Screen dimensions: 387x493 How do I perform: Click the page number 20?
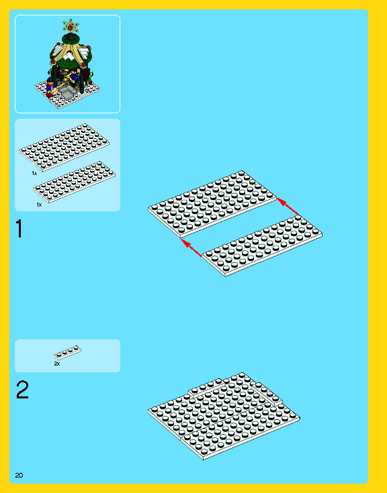click(x=19, y=475)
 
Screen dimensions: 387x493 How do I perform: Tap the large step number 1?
click(x=19, y=229)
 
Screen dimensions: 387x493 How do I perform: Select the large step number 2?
click(x=22, y=390)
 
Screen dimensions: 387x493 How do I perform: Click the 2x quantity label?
click(x=57, y=364)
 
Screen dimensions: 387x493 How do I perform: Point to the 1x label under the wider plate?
click(x=34, y=173)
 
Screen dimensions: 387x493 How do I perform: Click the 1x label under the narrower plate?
click(x=39, y=205)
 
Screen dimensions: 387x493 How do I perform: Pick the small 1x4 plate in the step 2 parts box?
click(x=67, y=352)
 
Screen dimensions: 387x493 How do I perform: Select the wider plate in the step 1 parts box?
click(x=64, y=147)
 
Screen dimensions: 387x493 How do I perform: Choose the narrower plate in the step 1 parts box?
click(x=75, y=182)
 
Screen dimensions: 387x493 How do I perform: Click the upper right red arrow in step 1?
click(x=287, y=206)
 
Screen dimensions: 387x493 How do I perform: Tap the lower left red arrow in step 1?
click(x=191, y=248)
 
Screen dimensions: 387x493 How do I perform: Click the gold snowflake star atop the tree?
click(x=71, y=25)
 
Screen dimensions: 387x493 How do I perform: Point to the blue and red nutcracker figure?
click(x=50, y=87)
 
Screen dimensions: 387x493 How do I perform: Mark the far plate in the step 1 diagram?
click(x=212, y=203)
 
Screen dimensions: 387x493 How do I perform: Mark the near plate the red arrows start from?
click(x=262, y=245)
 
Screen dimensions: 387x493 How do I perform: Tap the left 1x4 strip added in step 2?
click(x=206, y=388)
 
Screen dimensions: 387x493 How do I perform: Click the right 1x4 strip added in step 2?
click(x=267, y=393)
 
